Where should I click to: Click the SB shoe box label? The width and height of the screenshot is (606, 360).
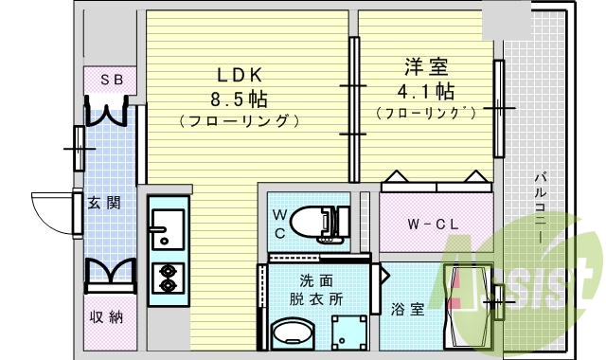[x=111, y=81]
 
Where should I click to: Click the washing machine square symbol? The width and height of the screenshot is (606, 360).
[x=347, y=333]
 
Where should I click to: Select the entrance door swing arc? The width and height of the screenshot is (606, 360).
[x=52, y=208]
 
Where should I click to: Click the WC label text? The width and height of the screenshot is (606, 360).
[x=281, y=224]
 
